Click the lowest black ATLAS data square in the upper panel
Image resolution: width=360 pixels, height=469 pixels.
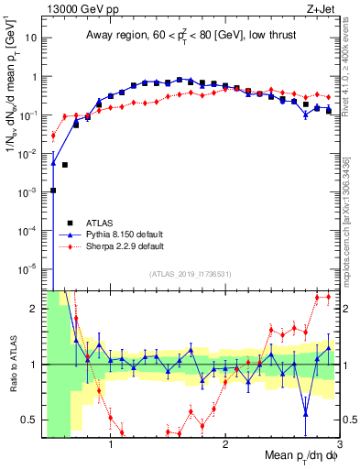(x=53, y=191)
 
